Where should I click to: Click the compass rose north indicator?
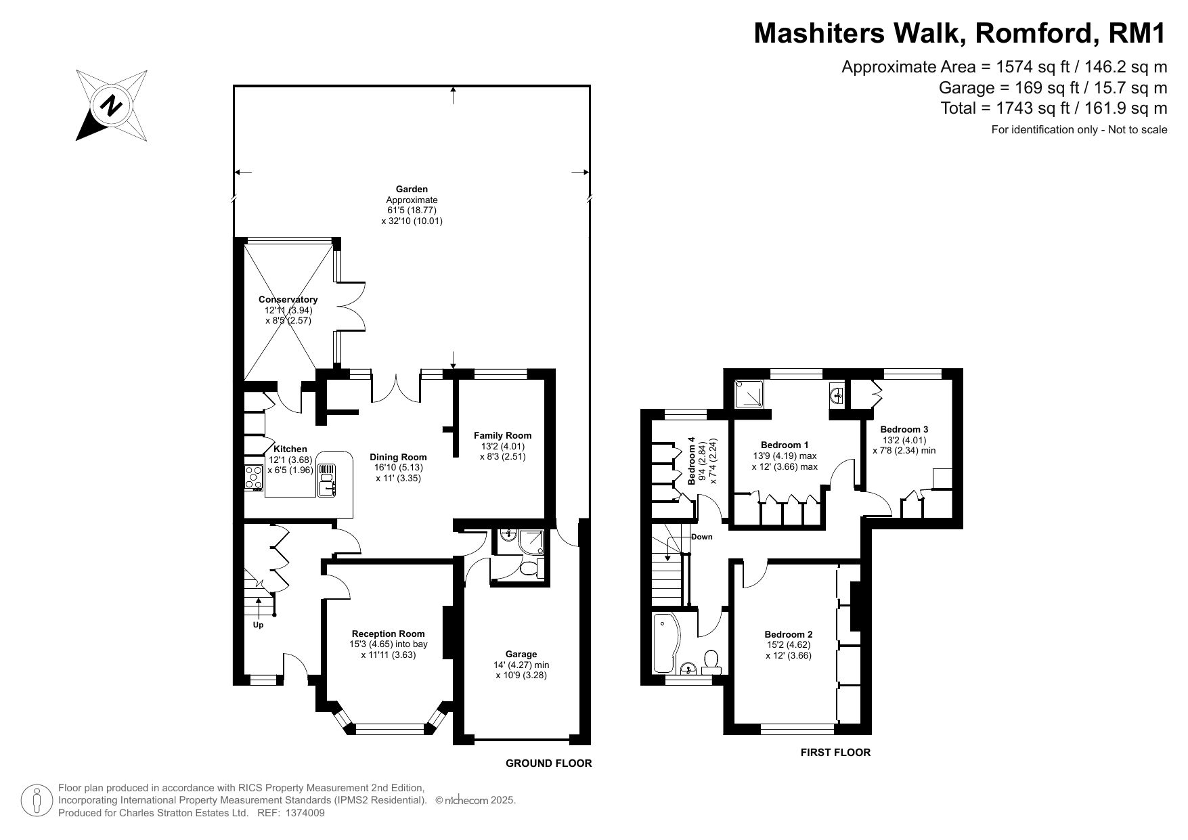tap(112, 105)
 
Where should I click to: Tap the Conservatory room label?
tap(288, 299)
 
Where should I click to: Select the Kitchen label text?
tap(290, 449)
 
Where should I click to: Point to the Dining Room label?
tap(398, 457)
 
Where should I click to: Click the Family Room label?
tap(502, 435)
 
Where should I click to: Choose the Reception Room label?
tap(388, 634)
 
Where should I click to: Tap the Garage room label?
tap(521, 654)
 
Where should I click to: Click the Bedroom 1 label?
tap(785, 445)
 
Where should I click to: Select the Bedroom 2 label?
tap(788, 634)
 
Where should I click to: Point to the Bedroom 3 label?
tap(904, 429)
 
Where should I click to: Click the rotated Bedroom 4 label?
tap(692, 462)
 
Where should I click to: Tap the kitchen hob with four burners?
tap(254, 477)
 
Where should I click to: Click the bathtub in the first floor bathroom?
tap(663, 642)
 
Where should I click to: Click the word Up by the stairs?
tap(258, 625)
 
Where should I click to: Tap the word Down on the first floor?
tap(702, 537)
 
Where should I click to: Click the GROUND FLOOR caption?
tap(549, 764)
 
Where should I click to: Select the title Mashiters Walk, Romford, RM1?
tap(961, 32)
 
